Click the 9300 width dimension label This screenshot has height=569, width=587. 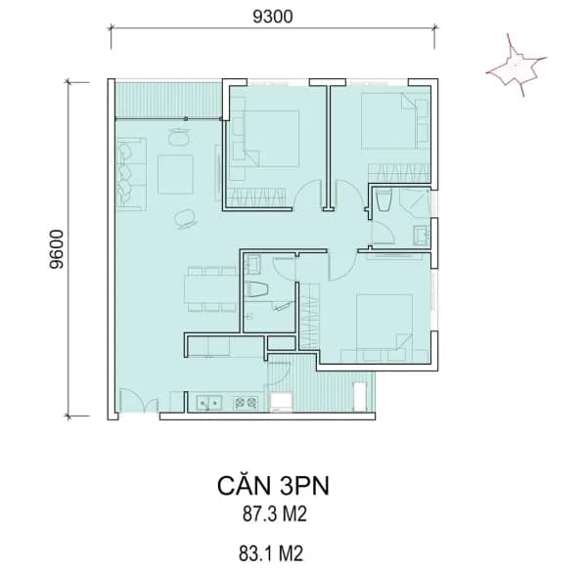[x=273, y=17]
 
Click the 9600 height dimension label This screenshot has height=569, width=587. [x=57, y=248]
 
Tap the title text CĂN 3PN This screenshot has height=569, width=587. [x=273, y=486]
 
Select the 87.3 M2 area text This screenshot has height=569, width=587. [x=274, y=514]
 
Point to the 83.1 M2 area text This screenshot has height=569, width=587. [x=271, y=553]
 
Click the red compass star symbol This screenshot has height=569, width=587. [x=517, y=66]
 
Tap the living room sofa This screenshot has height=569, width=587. [x=131, y=173]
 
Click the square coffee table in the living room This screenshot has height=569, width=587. [x=175, y=175]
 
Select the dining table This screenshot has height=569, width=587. [x=211, y=288]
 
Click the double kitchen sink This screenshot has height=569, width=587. [x=209, y=403]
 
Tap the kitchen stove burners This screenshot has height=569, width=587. [x=246, y=403]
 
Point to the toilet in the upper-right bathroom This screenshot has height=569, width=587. [x=384, y=200]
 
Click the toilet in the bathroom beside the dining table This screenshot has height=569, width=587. [x=256, y=289]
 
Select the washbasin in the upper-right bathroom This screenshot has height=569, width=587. [x=422, y=236]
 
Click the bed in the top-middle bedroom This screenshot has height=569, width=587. [x=270, y=139]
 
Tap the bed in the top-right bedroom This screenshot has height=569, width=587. [x=389, y=121]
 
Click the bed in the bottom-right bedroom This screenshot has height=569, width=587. [x=384, y=323]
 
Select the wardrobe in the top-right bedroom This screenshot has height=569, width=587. [x=399, y=173]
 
